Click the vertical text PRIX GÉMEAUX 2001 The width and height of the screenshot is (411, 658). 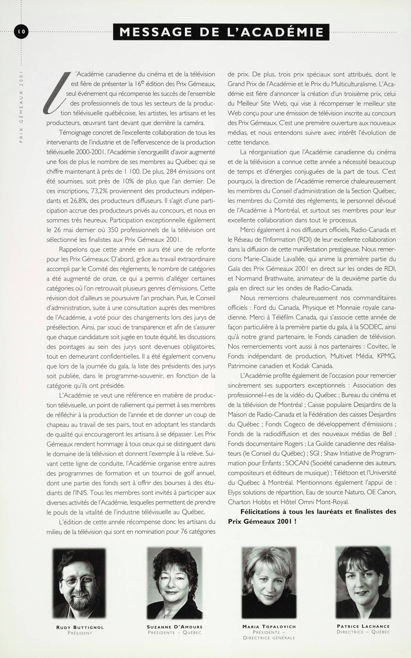[21, 107]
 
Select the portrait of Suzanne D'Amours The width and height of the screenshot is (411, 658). [174, 583]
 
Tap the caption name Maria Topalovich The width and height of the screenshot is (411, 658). [269, 626]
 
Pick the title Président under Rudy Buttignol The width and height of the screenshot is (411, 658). [80, 633]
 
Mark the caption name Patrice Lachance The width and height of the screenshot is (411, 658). [363, 626]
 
